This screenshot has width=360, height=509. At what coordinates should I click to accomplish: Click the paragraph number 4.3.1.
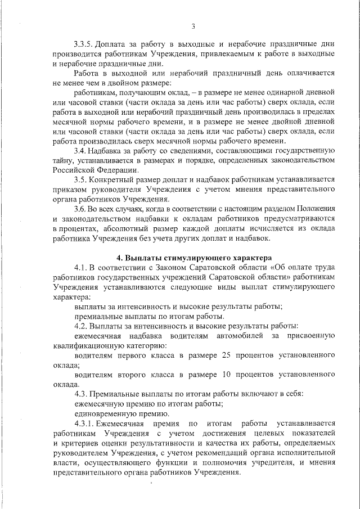click(84, 423)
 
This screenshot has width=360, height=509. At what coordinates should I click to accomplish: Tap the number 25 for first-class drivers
click(227, 356)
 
